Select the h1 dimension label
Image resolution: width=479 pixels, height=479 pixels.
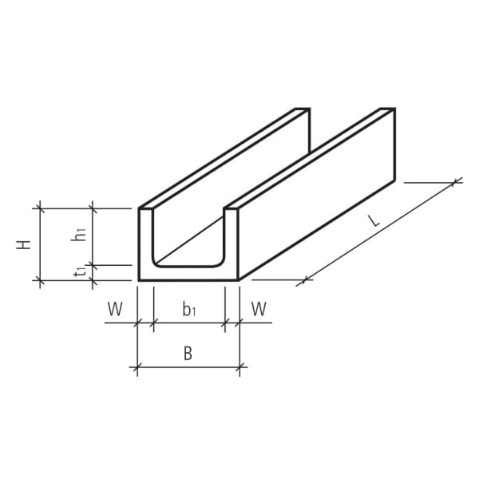click(x=79, y=234)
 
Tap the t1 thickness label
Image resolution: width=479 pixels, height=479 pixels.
click(x=79, y=272)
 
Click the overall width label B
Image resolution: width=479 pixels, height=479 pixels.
click(x=188, y=354)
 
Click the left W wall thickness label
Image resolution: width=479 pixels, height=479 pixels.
click(x=116, y=309)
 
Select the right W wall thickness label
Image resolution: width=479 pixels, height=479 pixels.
click(x=259, y=309)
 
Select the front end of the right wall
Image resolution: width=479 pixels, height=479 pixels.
click(x=232, y=239)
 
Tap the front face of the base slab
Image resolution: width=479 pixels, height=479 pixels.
click(x=188, y=274)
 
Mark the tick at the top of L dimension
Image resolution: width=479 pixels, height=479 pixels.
click(x=456, y=182)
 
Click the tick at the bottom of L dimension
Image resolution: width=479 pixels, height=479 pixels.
click(x=303, y=280)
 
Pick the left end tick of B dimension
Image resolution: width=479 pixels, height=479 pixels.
click(x=138, y=368)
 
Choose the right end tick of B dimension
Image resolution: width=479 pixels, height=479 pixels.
click(x=239, y=368)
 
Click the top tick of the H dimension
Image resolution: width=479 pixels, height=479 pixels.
click(x=39, y=208)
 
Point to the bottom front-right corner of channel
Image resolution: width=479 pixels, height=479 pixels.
click(x=239, y=280)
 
